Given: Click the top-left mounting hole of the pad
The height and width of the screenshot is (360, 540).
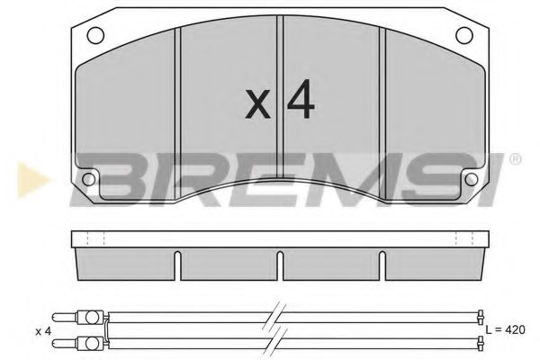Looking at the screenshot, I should point(93,36).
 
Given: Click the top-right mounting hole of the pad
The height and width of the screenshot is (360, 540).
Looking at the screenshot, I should point(463,36).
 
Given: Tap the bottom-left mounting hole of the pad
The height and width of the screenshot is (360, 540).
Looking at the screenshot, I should point(88,176).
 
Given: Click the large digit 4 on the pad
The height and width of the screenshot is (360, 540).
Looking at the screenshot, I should point(301,103).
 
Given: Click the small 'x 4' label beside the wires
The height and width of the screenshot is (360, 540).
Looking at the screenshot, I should point(41,330).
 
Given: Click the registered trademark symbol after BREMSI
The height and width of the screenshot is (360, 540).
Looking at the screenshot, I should point(515,159).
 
